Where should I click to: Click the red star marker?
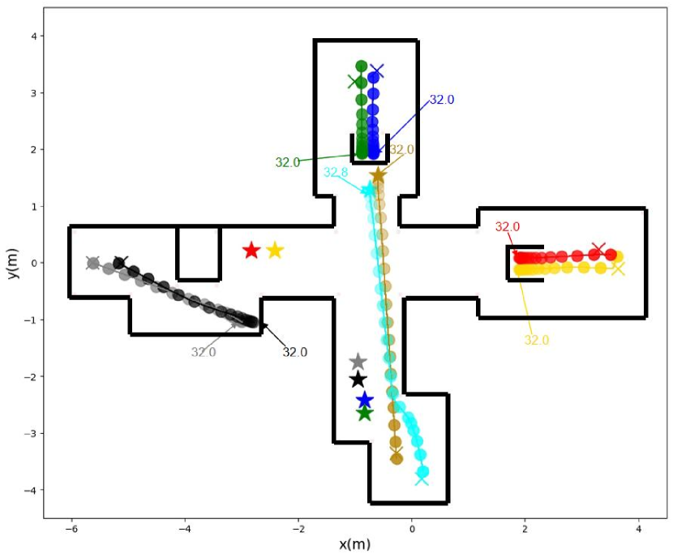(x=251, y=251)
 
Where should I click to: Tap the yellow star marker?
(x=275, y=251)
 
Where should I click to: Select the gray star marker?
(x=358, y=362)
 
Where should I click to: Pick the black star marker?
(x=358, y=380)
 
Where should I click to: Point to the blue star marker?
(x=365, y=400)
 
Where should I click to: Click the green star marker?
(x=365, y=414)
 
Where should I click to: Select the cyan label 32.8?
(x=336, y=173)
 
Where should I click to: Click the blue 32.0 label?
(x=442, y=100)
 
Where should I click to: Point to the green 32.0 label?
(x=288, y=162)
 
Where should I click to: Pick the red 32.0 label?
(x=508, y=227)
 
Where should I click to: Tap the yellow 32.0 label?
(x=537, y=341)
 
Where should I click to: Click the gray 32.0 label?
(x=204, y=352)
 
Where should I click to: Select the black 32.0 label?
(x=295, y=352)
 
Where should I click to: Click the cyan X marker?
(x=422, y=479)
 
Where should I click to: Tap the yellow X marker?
(x=619, y=268)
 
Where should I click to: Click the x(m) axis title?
(x=355, y=543)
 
